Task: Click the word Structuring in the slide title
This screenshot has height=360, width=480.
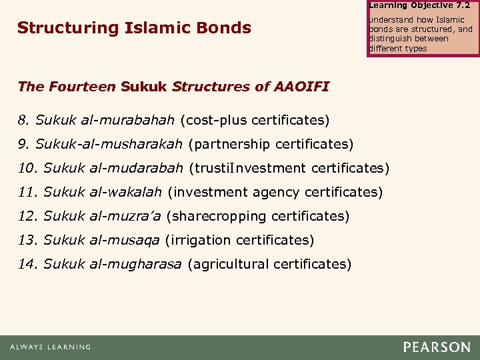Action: click(58, 28)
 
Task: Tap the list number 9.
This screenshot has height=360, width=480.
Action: click(23, 144)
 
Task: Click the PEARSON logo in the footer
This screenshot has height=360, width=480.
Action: click(436, 347)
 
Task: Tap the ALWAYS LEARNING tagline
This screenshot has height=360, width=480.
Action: click(50, 347)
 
